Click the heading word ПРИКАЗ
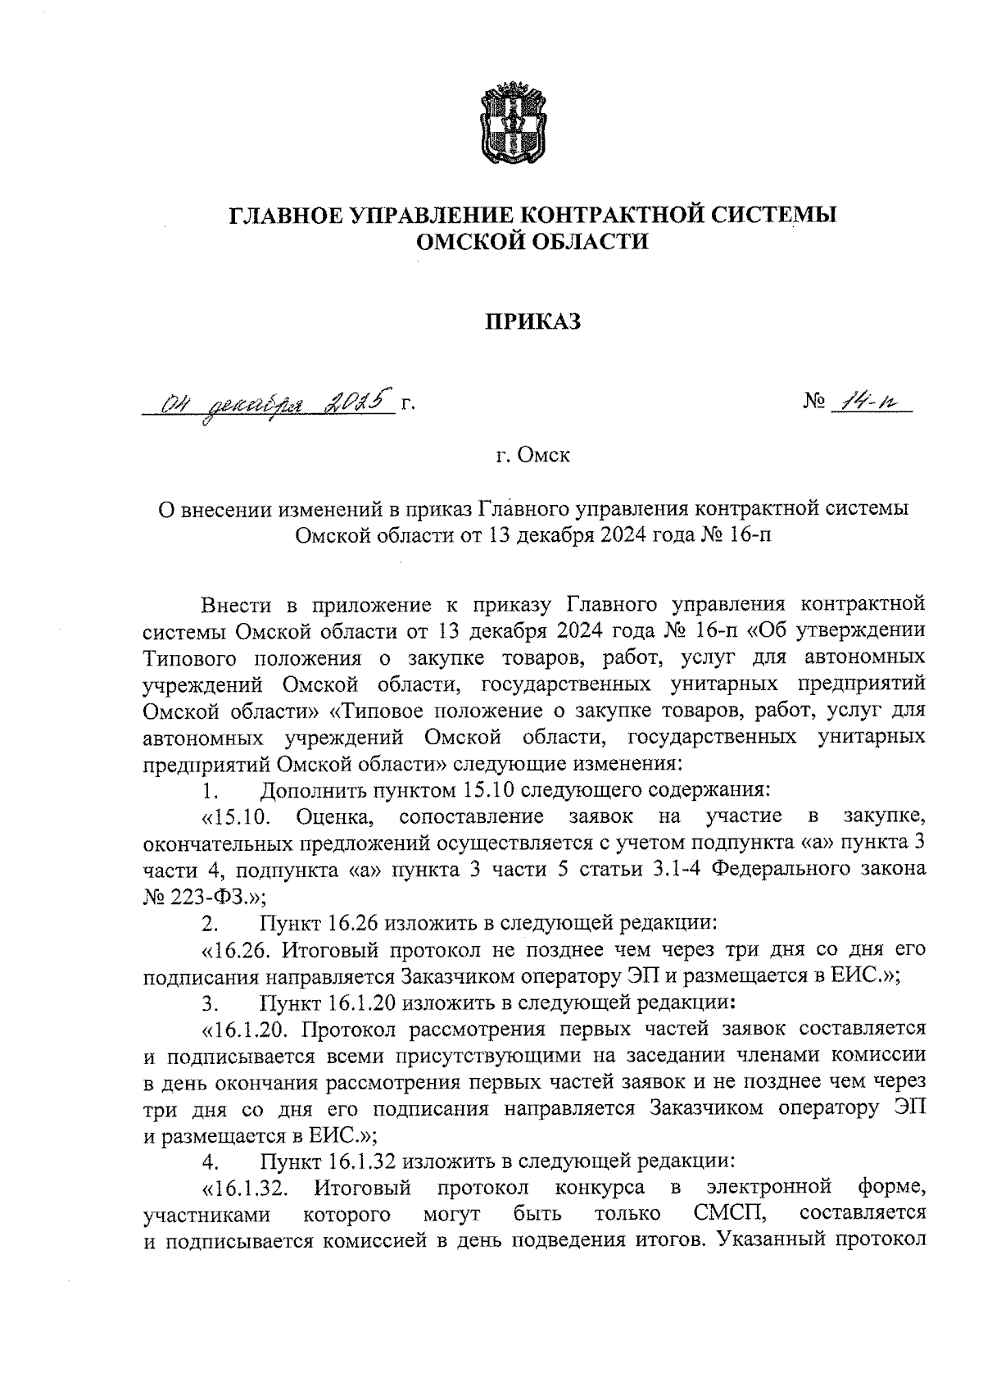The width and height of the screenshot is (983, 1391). click(533, 322)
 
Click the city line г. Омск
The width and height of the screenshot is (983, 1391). click(532, 456)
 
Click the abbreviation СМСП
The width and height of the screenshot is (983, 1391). click(723, 1212)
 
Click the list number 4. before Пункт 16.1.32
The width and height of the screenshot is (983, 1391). click(211, 1161)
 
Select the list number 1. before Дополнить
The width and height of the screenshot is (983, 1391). click(211, 792)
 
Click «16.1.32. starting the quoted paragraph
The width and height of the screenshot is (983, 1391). click(249, 1188)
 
